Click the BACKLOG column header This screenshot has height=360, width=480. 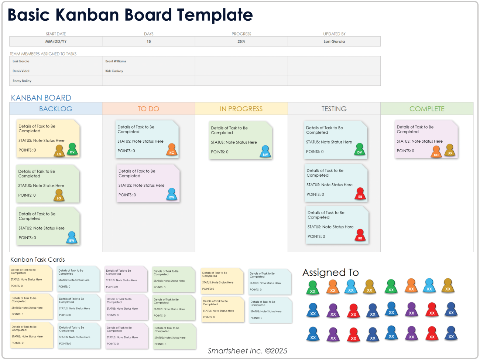click(x=56, y=109)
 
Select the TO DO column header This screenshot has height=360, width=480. click(x=148, y=109)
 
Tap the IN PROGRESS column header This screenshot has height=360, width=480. click(x=241, y=109)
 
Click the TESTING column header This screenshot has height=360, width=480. click(x=334, y=109)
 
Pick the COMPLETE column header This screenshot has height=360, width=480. click(x=427, y=109)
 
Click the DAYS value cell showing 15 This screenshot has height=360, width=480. click(x=148, y=41)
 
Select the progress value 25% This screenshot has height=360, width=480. click(x=241, y=41)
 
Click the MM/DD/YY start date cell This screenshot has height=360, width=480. click(x=56, y=41)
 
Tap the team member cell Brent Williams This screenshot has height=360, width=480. click(x=116, y=61)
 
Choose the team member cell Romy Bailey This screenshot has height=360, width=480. click(x=22, y=81)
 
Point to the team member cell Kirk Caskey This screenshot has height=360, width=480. click(x=114, y=71)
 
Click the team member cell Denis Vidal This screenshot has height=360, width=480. click(x=21, y=71)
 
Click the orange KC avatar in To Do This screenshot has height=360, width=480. click(x=172, y=150)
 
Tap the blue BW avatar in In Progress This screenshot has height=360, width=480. click(x=265, y=152)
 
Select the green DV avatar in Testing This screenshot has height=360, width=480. click(x=359, y=149)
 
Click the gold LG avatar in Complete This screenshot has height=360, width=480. click(x=449, y=150)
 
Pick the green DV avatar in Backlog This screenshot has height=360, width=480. click(x=72, y=149)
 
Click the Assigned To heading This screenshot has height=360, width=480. click(x=330, y=273)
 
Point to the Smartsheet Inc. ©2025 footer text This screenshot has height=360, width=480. click(x=247, y=351)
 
